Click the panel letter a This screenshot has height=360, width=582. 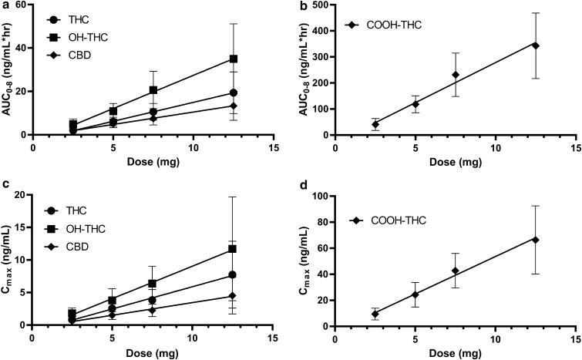point(5,5)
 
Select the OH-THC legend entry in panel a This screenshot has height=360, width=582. point(81,35)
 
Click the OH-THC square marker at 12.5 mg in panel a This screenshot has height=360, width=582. point(234,59)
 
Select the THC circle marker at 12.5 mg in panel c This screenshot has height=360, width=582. point(233,275)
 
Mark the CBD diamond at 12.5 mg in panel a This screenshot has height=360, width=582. point(234,106)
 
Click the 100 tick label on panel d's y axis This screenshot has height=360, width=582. point(319,196)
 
